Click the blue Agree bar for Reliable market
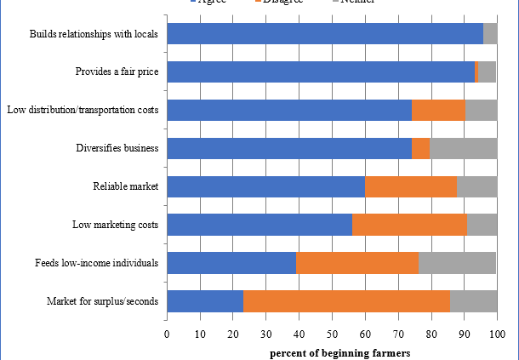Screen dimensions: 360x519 [x=265, y=186]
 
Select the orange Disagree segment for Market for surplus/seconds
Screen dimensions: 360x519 [x=346, y=301]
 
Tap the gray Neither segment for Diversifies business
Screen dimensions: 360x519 [x=463, y=148]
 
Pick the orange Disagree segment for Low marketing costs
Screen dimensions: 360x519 [x=409, y=225]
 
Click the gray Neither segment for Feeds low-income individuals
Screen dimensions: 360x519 [x=457, y=263]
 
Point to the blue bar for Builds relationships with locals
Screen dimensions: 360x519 [x=324, y=33]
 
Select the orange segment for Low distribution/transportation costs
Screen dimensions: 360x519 [x=438, y=110]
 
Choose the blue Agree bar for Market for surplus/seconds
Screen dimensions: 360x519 [x=205, y=301]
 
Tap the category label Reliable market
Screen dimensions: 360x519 [x=126, y=186]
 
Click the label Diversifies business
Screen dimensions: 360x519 [x=117, y=148]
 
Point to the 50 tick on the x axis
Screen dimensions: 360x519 [x=332, y=334]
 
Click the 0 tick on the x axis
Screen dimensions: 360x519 [x=167, y=334]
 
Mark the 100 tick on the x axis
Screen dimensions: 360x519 [x=497, y=334]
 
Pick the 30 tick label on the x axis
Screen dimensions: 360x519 [x=265, y=334]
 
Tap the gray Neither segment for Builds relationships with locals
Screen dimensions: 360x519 [x=490, y=33]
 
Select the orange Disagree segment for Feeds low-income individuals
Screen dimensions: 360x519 [x=356, y=263]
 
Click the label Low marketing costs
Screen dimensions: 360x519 [x=117, y=225]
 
